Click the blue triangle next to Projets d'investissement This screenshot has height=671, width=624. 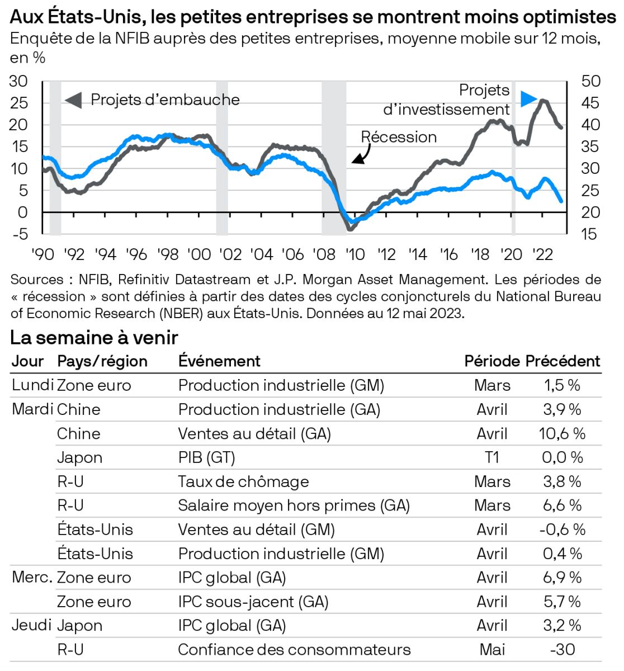pos(528,99)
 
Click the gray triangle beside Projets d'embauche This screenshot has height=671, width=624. pos(73,100)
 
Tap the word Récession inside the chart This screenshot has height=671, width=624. pos(399,137)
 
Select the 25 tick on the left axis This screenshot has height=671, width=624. pos(18,103)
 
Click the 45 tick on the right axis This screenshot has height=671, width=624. pos(590,103)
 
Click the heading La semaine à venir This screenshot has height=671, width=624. pos(94,338)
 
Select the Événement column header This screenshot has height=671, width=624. pos(219,361)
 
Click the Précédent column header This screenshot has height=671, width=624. pos(562,361)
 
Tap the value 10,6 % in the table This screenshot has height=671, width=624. pos(562,433)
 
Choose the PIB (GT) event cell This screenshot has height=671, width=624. pos(206,457)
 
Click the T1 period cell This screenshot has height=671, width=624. pos(491,457)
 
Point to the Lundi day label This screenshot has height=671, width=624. pos(32,385)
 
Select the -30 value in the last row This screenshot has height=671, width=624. pos(562,649)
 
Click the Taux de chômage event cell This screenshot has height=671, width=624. pos(243,481)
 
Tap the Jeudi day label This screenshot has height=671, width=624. pos(32,625)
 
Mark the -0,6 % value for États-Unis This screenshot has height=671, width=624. pos(562,530)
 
